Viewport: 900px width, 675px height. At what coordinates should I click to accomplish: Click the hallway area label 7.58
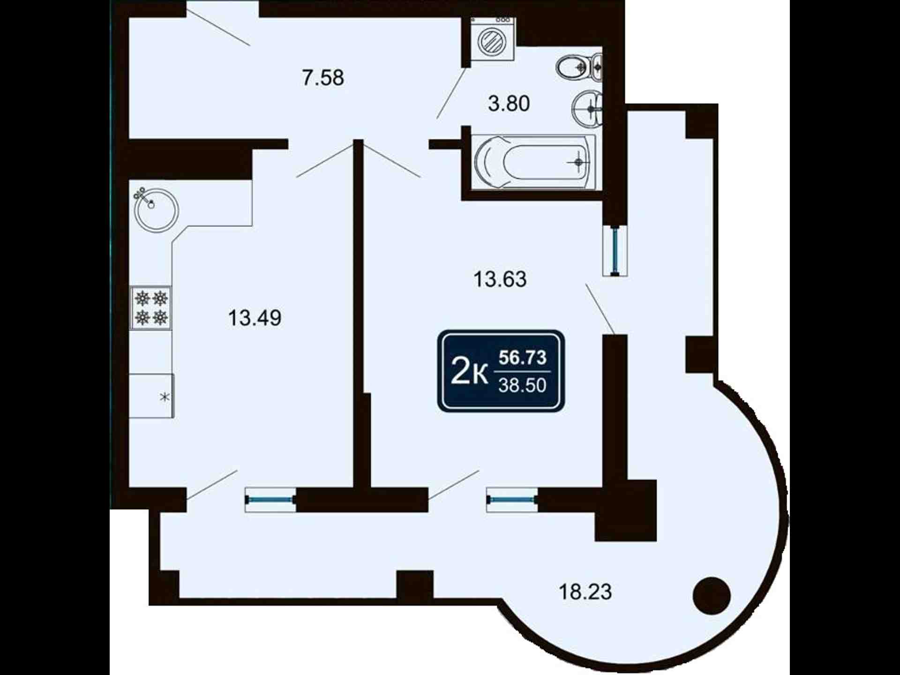[x=323, y=77]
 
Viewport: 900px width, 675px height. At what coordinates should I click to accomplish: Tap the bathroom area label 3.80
[x=509, y=103]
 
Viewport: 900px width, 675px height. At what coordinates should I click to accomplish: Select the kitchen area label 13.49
[x=255, y=318]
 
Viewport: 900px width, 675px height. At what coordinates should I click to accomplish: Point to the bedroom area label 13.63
[x=500, y=279]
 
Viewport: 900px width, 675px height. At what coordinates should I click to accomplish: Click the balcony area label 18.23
[x=585, y=592]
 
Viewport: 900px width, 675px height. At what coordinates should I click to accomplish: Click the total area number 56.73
[x=522, y=357]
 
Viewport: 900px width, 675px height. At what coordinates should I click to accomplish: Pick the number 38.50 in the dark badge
[x=522, y=385]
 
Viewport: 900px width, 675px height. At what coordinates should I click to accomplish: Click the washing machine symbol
[x=492, y=39]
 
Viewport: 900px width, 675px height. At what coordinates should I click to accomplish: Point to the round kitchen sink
[x=156, y=209]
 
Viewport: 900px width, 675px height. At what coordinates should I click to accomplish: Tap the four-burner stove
[x=151, y=307]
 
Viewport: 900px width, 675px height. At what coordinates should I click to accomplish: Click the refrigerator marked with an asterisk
[x=151, y=396]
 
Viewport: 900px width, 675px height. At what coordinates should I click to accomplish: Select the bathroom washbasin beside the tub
[x=587, y=109]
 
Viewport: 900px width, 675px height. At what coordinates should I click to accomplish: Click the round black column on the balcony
[x=712, y=595]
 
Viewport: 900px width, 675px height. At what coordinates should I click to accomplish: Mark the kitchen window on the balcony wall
[x=270, y=500]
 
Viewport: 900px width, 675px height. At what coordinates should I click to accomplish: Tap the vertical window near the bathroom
[x=615, y=250]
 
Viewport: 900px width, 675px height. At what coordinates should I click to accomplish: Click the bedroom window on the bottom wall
[x=512, y=500]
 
